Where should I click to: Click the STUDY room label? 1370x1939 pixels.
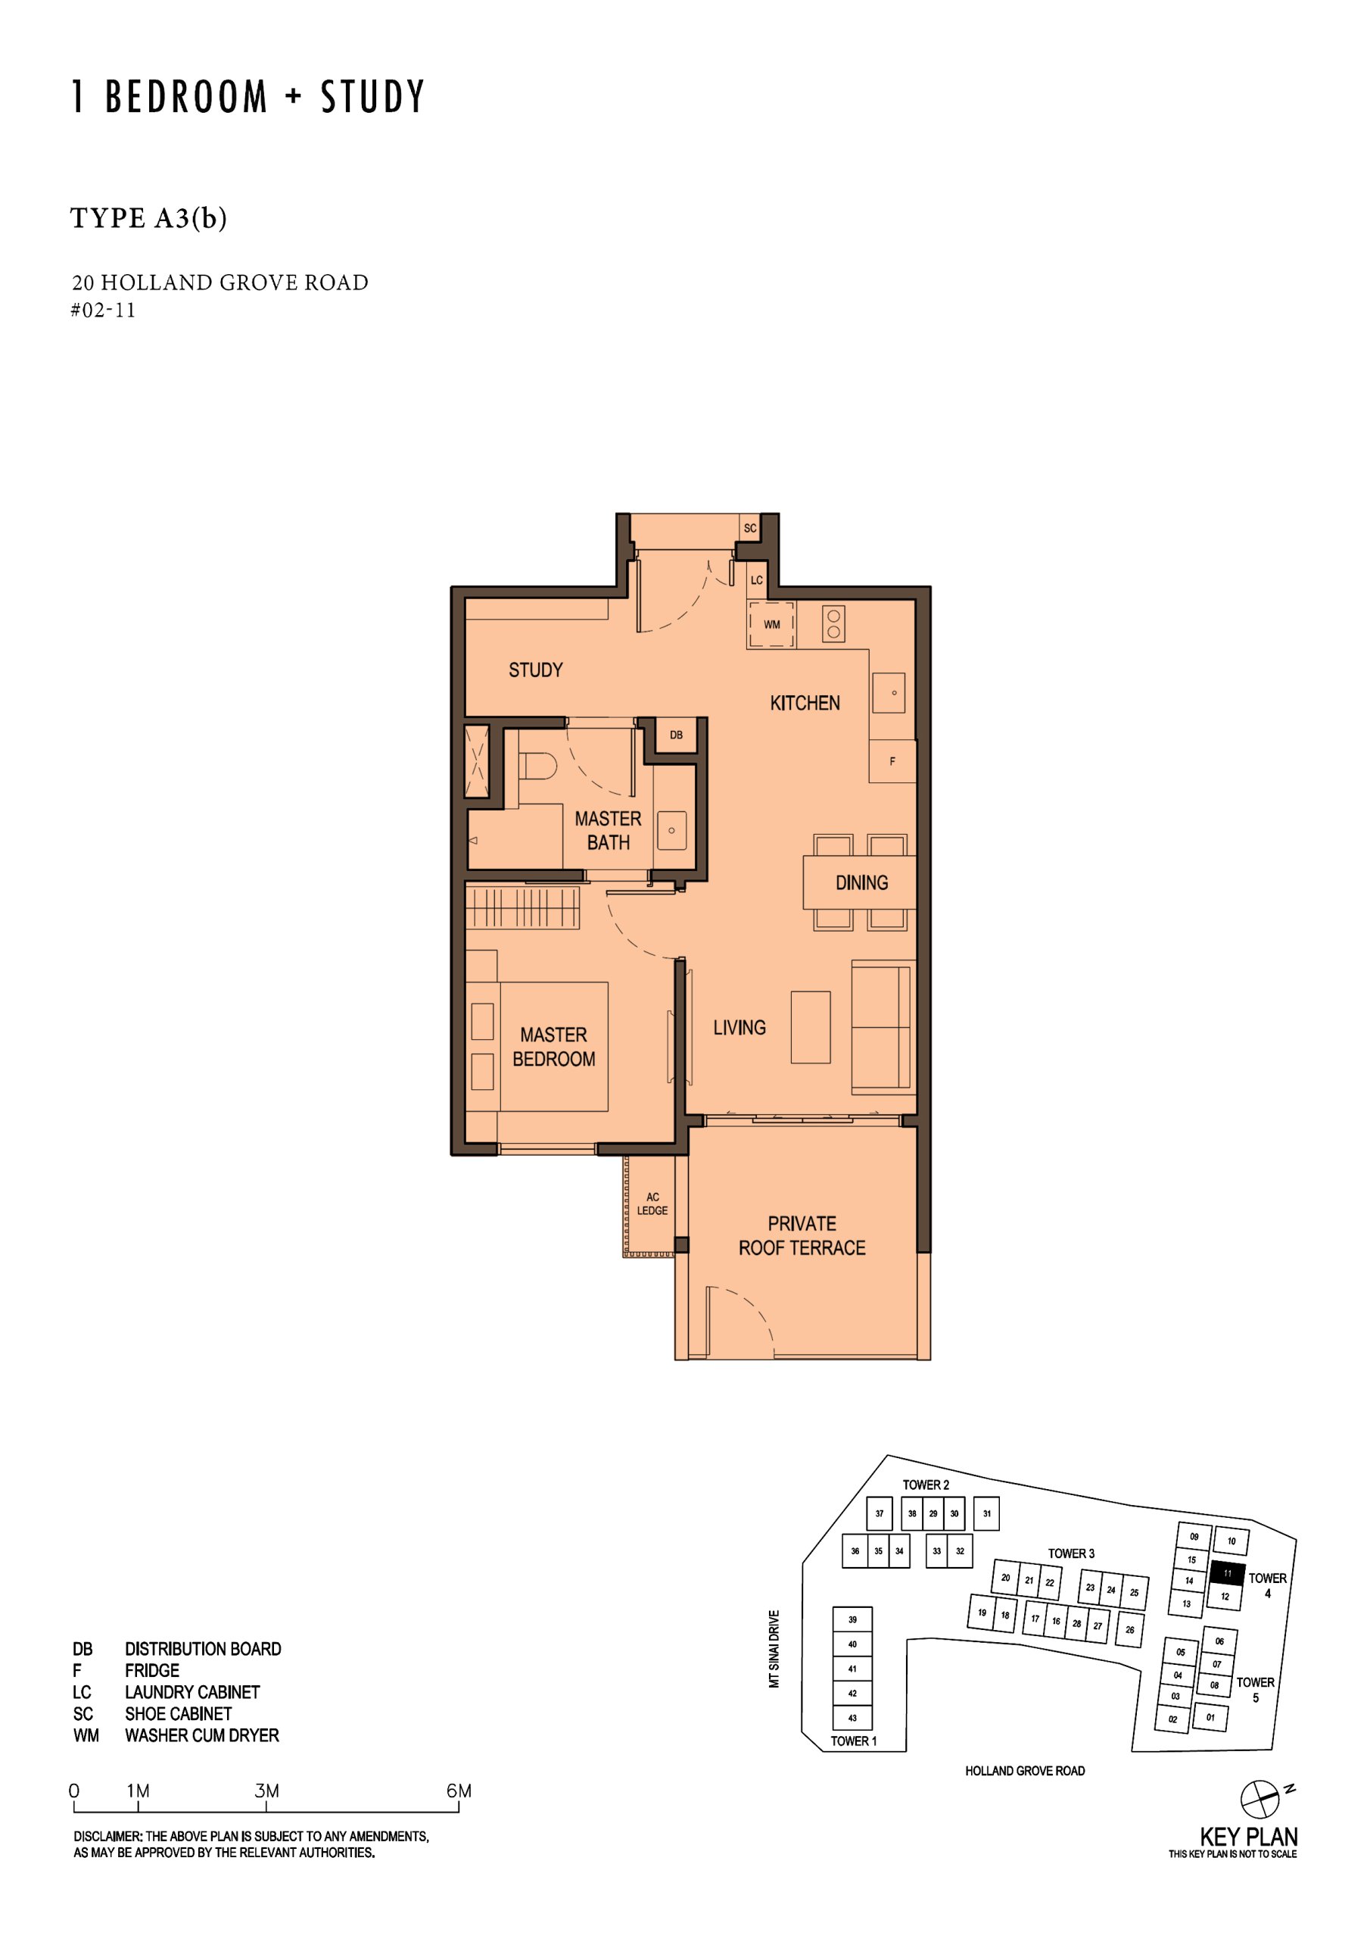535,670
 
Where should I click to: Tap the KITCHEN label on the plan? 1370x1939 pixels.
805,703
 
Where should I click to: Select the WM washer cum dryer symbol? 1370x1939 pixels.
771,624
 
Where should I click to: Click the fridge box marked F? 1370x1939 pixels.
892,761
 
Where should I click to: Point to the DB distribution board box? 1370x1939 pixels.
676,735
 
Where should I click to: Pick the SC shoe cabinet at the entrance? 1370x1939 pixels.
749,528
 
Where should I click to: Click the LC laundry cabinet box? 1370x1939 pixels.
756,580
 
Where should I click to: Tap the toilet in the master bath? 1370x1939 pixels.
537,767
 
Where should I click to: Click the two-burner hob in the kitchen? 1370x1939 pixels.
833,624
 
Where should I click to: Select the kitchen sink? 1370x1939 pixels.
889,692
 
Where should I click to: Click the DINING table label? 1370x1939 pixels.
861,882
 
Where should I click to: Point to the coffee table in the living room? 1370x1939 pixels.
811,1027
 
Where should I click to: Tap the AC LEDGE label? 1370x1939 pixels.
652,1204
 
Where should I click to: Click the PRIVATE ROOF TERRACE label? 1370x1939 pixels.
802,1235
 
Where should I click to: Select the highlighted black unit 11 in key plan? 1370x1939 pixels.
1228,1573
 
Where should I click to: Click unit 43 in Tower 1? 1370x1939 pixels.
852,1718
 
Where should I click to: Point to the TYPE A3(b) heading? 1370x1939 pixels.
148,218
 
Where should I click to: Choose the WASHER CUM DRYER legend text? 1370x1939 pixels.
202,1735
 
